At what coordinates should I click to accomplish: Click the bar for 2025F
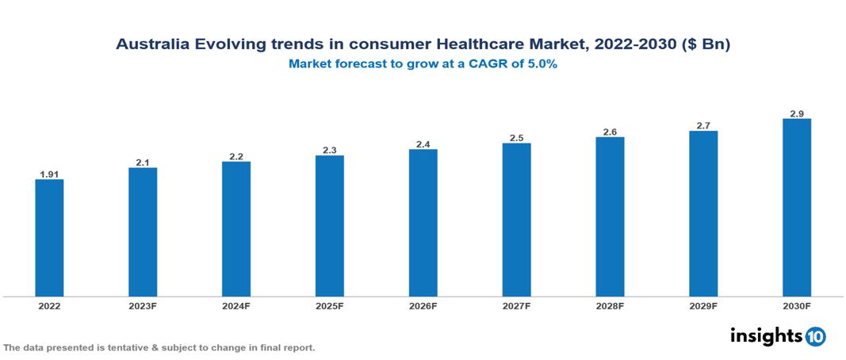(x=329, y=226)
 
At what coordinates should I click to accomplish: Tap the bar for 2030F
(x=796, y=208)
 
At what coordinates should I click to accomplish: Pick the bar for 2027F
(x=516, y=220)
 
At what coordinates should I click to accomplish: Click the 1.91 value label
(x=49, y=174)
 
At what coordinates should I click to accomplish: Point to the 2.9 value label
(x=796, y=113)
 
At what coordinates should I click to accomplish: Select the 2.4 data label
(x=423, y=144)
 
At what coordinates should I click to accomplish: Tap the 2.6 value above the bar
(x=610, y=132)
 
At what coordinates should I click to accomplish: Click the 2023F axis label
(x=143, y=306)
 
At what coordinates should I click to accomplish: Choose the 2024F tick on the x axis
(x=236, y=306)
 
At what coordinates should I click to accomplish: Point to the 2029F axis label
(x=703, y=306)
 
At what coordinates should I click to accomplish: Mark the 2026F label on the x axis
(x=423, y=306)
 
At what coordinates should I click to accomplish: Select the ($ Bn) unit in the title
(x=707, y=45)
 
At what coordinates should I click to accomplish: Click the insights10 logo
(x=777, y=336)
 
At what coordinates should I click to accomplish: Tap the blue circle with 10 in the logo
(x=815, y=337)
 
